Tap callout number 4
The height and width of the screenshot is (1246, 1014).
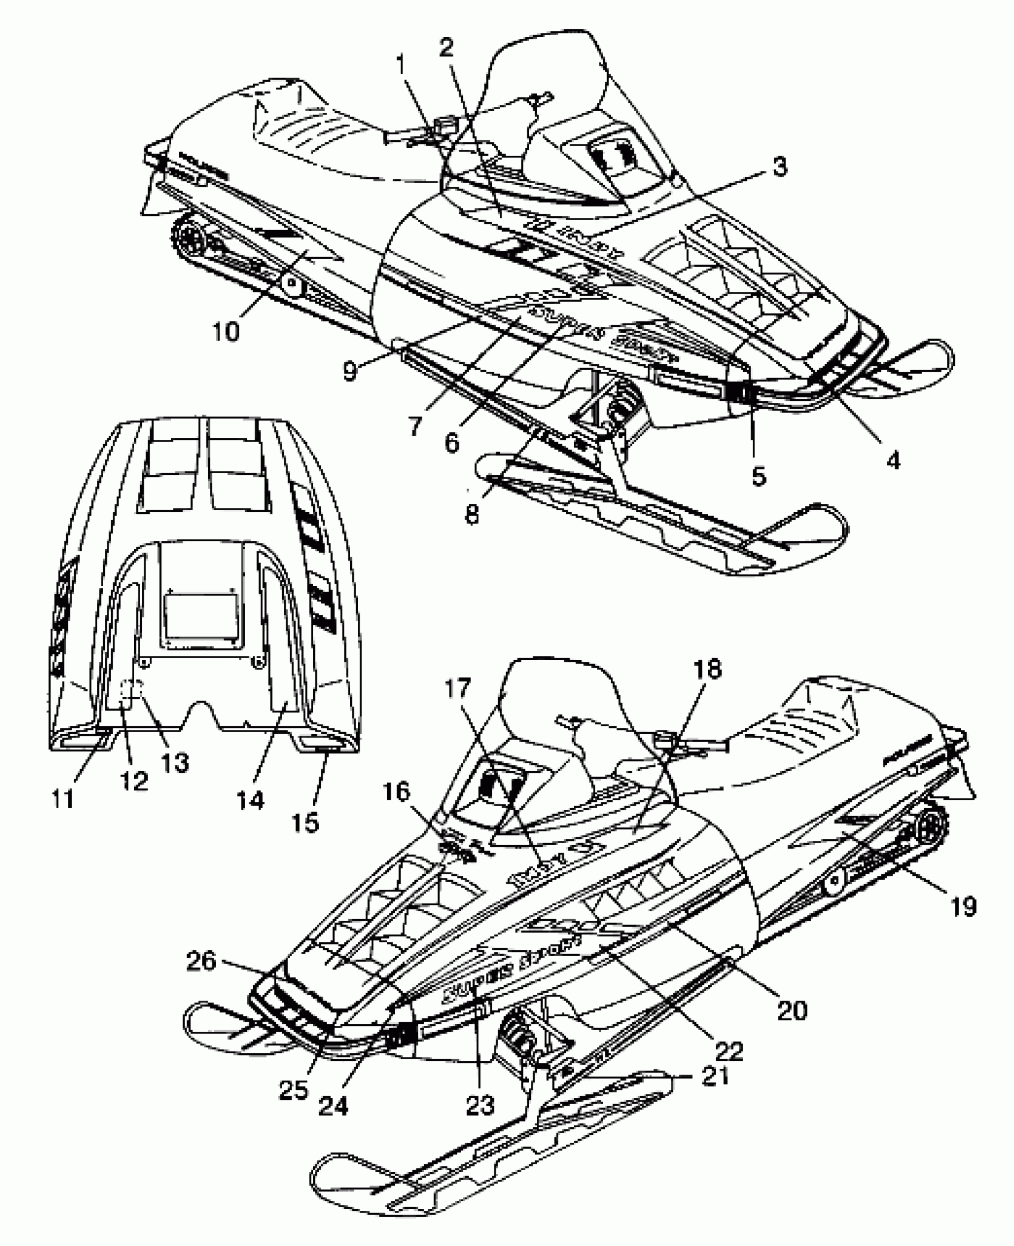tap(892, 459)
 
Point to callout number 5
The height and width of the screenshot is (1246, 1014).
tap(758, 476)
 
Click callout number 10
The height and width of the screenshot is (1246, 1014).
tap(227, 330)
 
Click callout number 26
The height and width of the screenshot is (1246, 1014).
tap(201, 961)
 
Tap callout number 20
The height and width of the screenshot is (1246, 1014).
tap(792, 1010)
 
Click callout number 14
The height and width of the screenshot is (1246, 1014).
tap(250, 800)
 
